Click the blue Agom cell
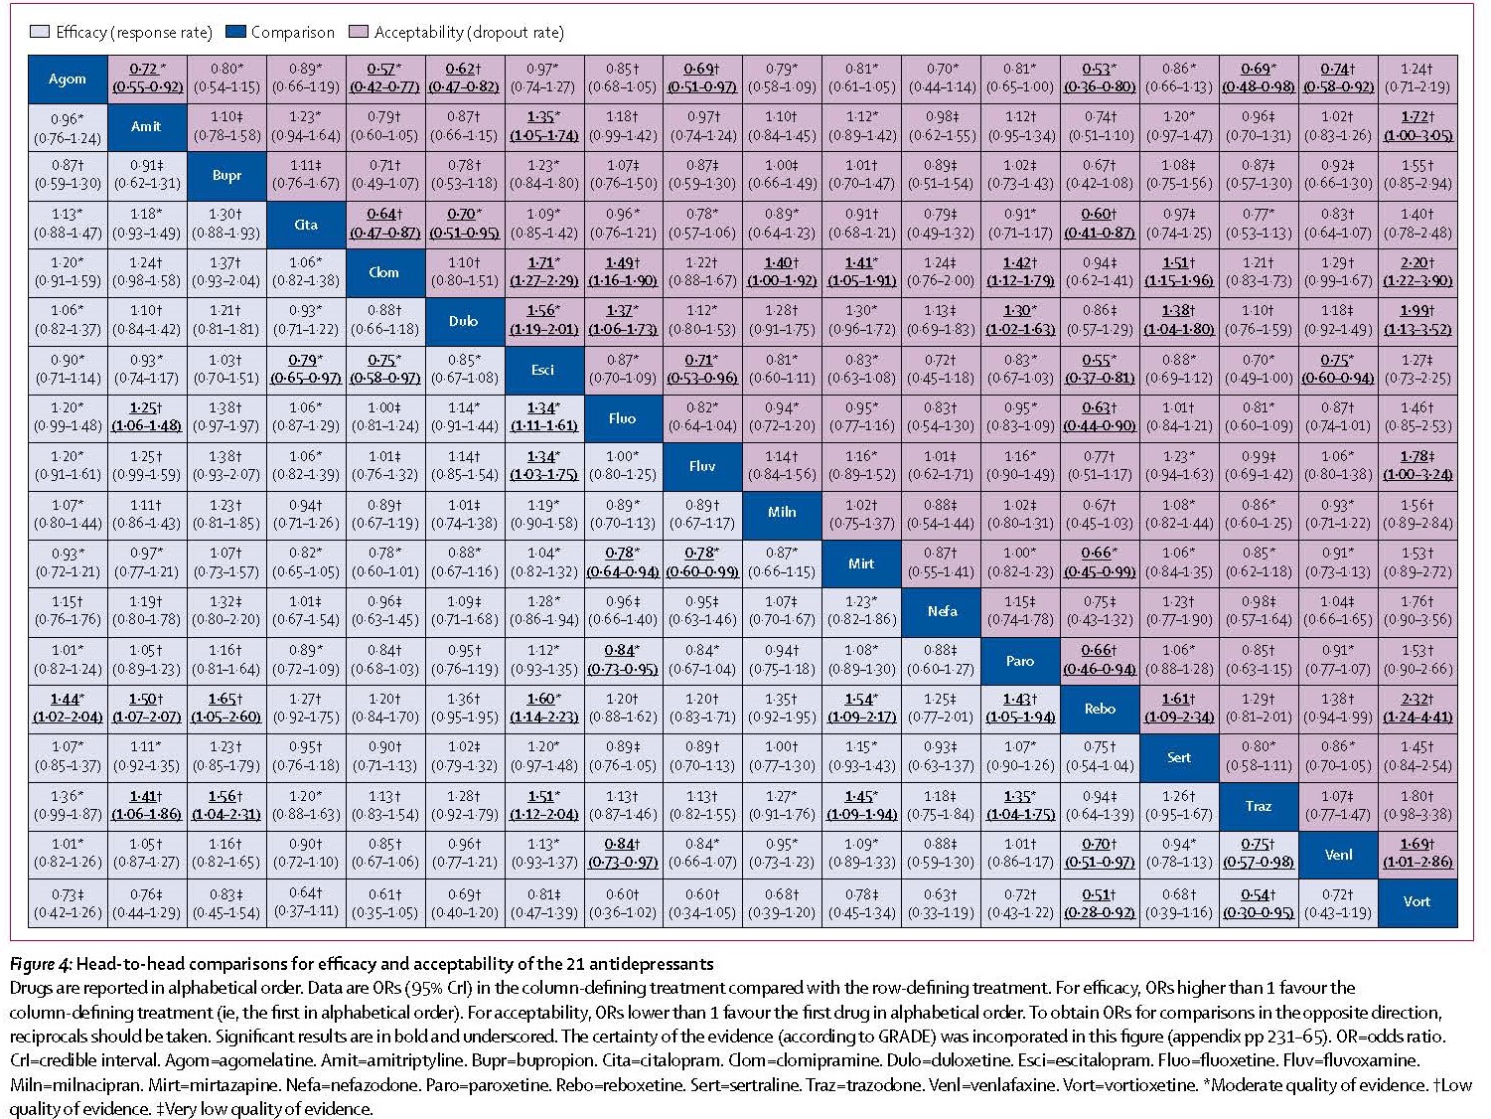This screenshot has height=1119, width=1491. click(x=68, y=80)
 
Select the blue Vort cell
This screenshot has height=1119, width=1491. click(x=1417, y=903)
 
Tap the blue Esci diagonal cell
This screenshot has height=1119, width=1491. click(x=543, y=371)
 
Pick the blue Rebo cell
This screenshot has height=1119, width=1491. click(x=1100, y=709)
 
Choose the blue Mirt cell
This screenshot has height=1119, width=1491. click(x=861, y=563)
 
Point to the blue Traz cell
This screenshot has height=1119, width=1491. click(x=1259, y=807)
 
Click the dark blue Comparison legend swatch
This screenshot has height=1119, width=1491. click(x=235, y=31)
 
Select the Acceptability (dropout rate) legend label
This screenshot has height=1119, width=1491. click(x=469, y=32)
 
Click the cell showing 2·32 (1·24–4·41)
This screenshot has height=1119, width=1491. click(x=1417, y=709)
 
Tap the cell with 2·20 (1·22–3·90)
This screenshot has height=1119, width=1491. click(x=1417, y=272)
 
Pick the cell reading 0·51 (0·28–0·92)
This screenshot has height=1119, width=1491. click(x=1100, y=903)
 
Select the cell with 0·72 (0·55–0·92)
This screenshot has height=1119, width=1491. click(x=147, y=80)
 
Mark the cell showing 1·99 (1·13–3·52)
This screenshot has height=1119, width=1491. click(x=1417, y=321)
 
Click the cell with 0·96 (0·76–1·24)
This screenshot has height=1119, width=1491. click(x=68, y=128)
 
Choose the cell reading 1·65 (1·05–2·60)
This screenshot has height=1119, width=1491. click(x=226, y=709)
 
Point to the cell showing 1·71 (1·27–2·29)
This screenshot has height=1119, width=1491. click(x=543, y=272)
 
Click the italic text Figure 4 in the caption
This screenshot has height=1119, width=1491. click(x=40, y=965)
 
